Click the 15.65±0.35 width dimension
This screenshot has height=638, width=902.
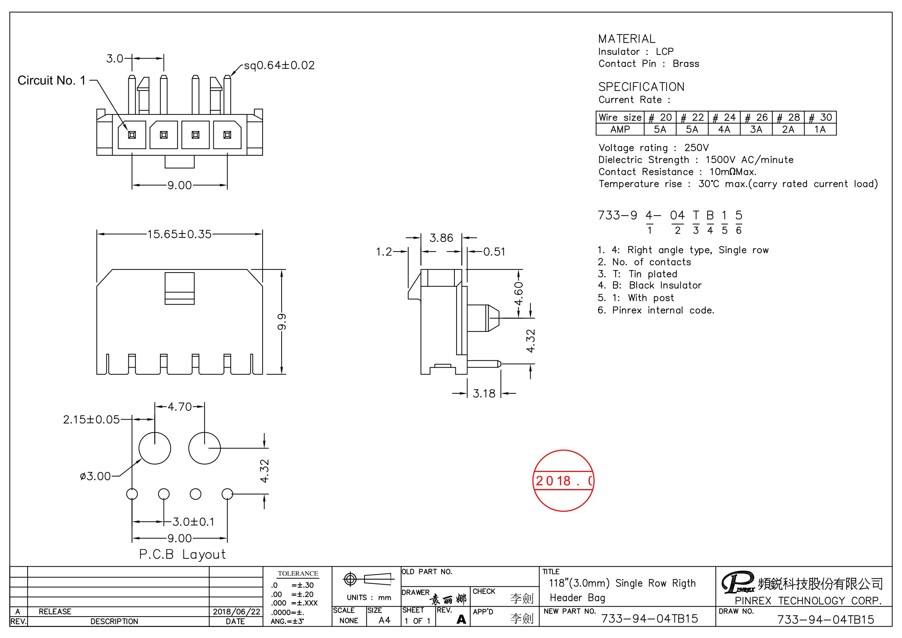pyautogui.click(x=179, y=234)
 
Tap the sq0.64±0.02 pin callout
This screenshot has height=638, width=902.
pyautogui.click(x=279, y=65)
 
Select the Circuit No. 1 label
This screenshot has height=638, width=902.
pyautogui.click(x=51, y=81)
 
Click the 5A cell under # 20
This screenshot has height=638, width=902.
pyautogui.click(x=660, y=129)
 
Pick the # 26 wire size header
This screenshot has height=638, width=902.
pyautogui.click(x=756, y=117)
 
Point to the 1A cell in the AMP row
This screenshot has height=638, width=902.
pyautogui.click(x=820, y=129)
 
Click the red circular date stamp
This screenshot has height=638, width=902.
pyautogui.click(x=563, y=480)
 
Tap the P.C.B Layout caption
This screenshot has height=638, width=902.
pyautogui.click(x=183, y=554)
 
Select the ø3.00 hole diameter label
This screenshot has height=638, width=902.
pyautogui.click(x=95, y=476)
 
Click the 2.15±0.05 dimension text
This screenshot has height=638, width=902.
pyautogui.click(x=91, y=420)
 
